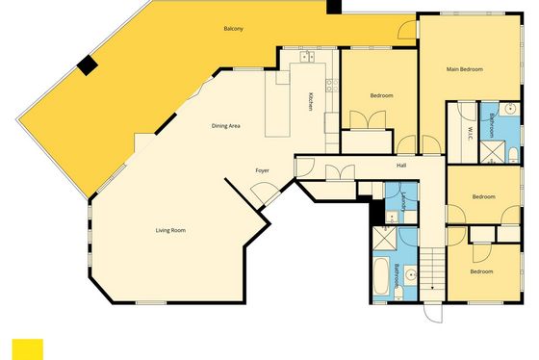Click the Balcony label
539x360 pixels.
233,29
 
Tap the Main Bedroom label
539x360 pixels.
464,69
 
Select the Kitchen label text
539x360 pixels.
310,101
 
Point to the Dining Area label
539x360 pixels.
225,126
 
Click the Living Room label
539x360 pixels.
170,230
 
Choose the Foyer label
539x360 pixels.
262,170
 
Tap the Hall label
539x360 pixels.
401,166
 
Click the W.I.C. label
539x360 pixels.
470,134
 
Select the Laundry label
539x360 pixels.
403,201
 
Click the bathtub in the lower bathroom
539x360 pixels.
381,276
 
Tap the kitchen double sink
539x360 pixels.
307,56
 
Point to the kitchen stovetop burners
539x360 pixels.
332,85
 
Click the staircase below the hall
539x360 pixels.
432,269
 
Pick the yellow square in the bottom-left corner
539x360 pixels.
28,349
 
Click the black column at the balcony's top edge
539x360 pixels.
333,7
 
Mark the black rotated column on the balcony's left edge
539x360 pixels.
88,65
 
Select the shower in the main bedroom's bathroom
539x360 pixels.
493,152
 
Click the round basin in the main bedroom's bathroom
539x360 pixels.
512,110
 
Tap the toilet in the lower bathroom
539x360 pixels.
398,293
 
